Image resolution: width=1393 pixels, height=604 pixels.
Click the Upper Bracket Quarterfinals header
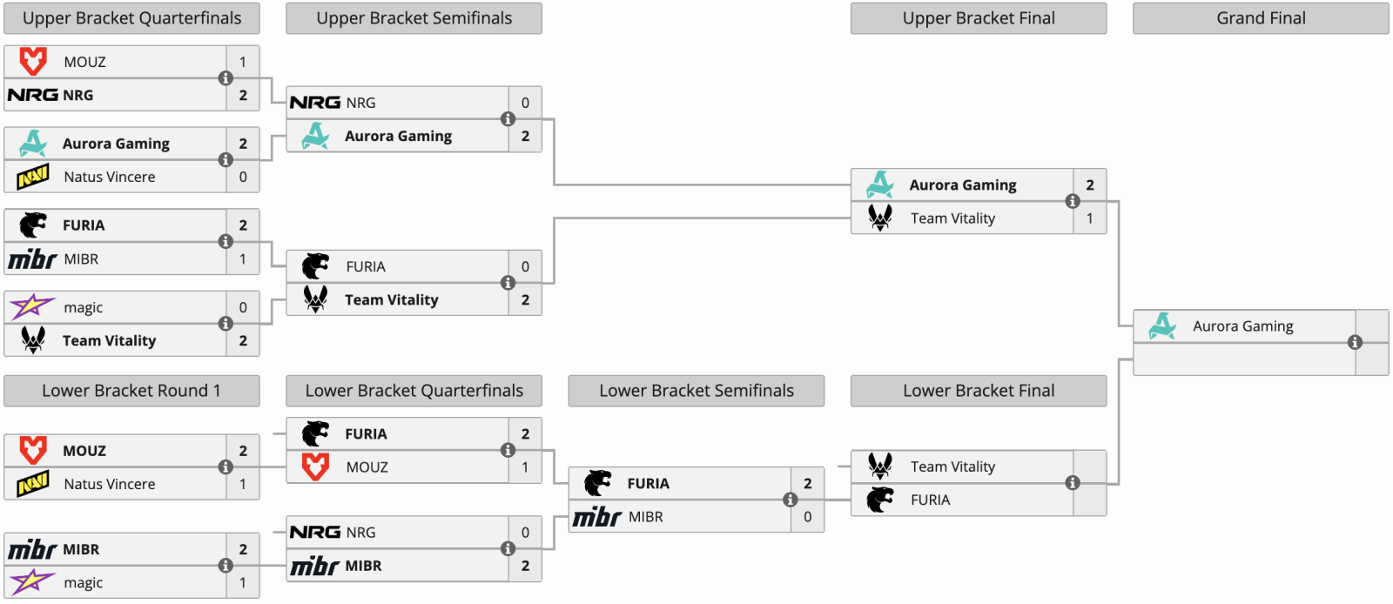coord(131,18)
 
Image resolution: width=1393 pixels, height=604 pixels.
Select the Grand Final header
coord(1261,18)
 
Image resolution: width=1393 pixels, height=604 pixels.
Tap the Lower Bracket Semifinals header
coord(696,390)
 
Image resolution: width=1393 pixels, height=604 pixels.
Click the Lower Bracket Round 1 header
coord(131,390)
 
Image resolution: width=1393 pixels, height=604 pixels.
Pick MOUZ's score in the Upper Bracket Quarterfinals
coord(243,62)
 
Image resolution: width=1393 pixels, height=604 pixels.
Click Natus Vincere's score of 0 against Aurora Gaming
coord(243,177)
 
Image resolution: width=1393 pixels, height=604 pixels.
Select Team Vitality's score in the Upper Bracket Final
coord(1089,218)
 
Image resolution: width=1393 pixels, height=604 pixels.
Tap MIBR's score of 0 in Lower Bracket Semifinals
coord(807,516)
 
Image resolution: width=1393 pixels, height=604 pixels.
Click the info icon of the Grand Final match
coord(1355,342)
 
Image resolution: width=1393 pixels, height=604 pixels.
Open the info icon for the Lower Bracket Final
coord(1073,483)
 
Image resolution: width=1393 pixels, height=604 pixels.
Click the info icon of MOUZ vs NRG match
coord(225,78)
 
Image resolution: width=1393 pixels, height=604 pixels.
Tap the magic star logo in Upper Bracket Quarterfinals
coord(31,306)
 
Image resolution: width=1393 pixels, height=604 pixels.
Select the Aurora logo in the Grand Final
coord(1162,326)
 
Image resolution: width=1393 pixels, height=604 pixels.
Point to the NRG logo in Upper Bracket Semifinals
coord(315,102)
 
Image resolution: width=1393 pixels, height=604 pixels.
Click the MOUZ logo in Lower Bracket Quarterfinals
coord(315,466)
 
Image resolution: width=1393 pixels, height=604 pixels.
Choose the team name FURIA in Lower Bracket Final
coord(931,500)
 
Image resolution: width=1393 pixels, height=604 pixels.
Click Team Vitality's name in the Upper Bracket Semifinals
coord(392,299)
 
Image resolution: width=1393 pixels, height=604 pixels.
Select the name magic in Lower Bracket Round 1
coord(84,583)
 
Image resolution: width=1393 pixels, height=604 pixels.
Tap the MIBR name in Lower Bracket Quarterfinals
coord(364,566)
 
